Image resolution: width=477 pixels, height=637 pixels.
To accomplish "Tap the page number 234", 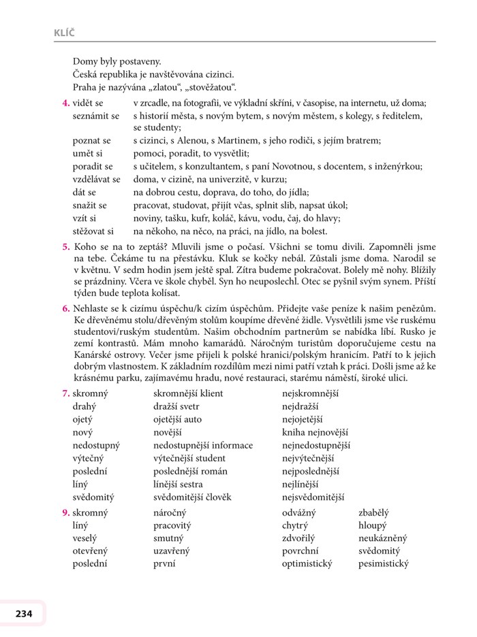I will tap(20, 614).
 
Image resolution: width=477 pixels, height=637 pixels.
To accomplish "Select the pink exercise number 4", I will tap(65, 103).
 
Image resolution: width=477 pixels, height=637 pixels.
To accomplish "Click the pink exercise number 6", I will tap(65, 308).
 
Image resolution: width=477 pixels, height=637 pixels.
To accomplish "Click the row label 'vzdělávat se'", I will tap(97, 179).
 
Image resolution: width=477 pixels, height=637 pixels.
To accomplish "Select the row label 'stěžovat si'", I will tap(93, 231).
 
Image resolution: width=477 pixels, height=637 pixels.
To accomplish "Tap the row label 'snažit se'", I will tap(90, 205).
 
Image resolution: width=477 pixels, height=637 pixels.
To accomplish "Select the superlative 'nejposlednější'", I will tap(311, 471).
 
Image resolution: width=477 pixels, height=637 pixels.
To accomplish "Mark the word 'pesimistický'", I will tap(384, 563).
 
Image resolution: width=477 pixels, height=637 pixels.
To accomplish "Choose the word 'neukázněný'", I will tap(383, 538).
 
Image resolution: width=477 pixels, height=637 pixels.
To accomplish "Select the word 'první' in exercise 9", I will tap(164, 563).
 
